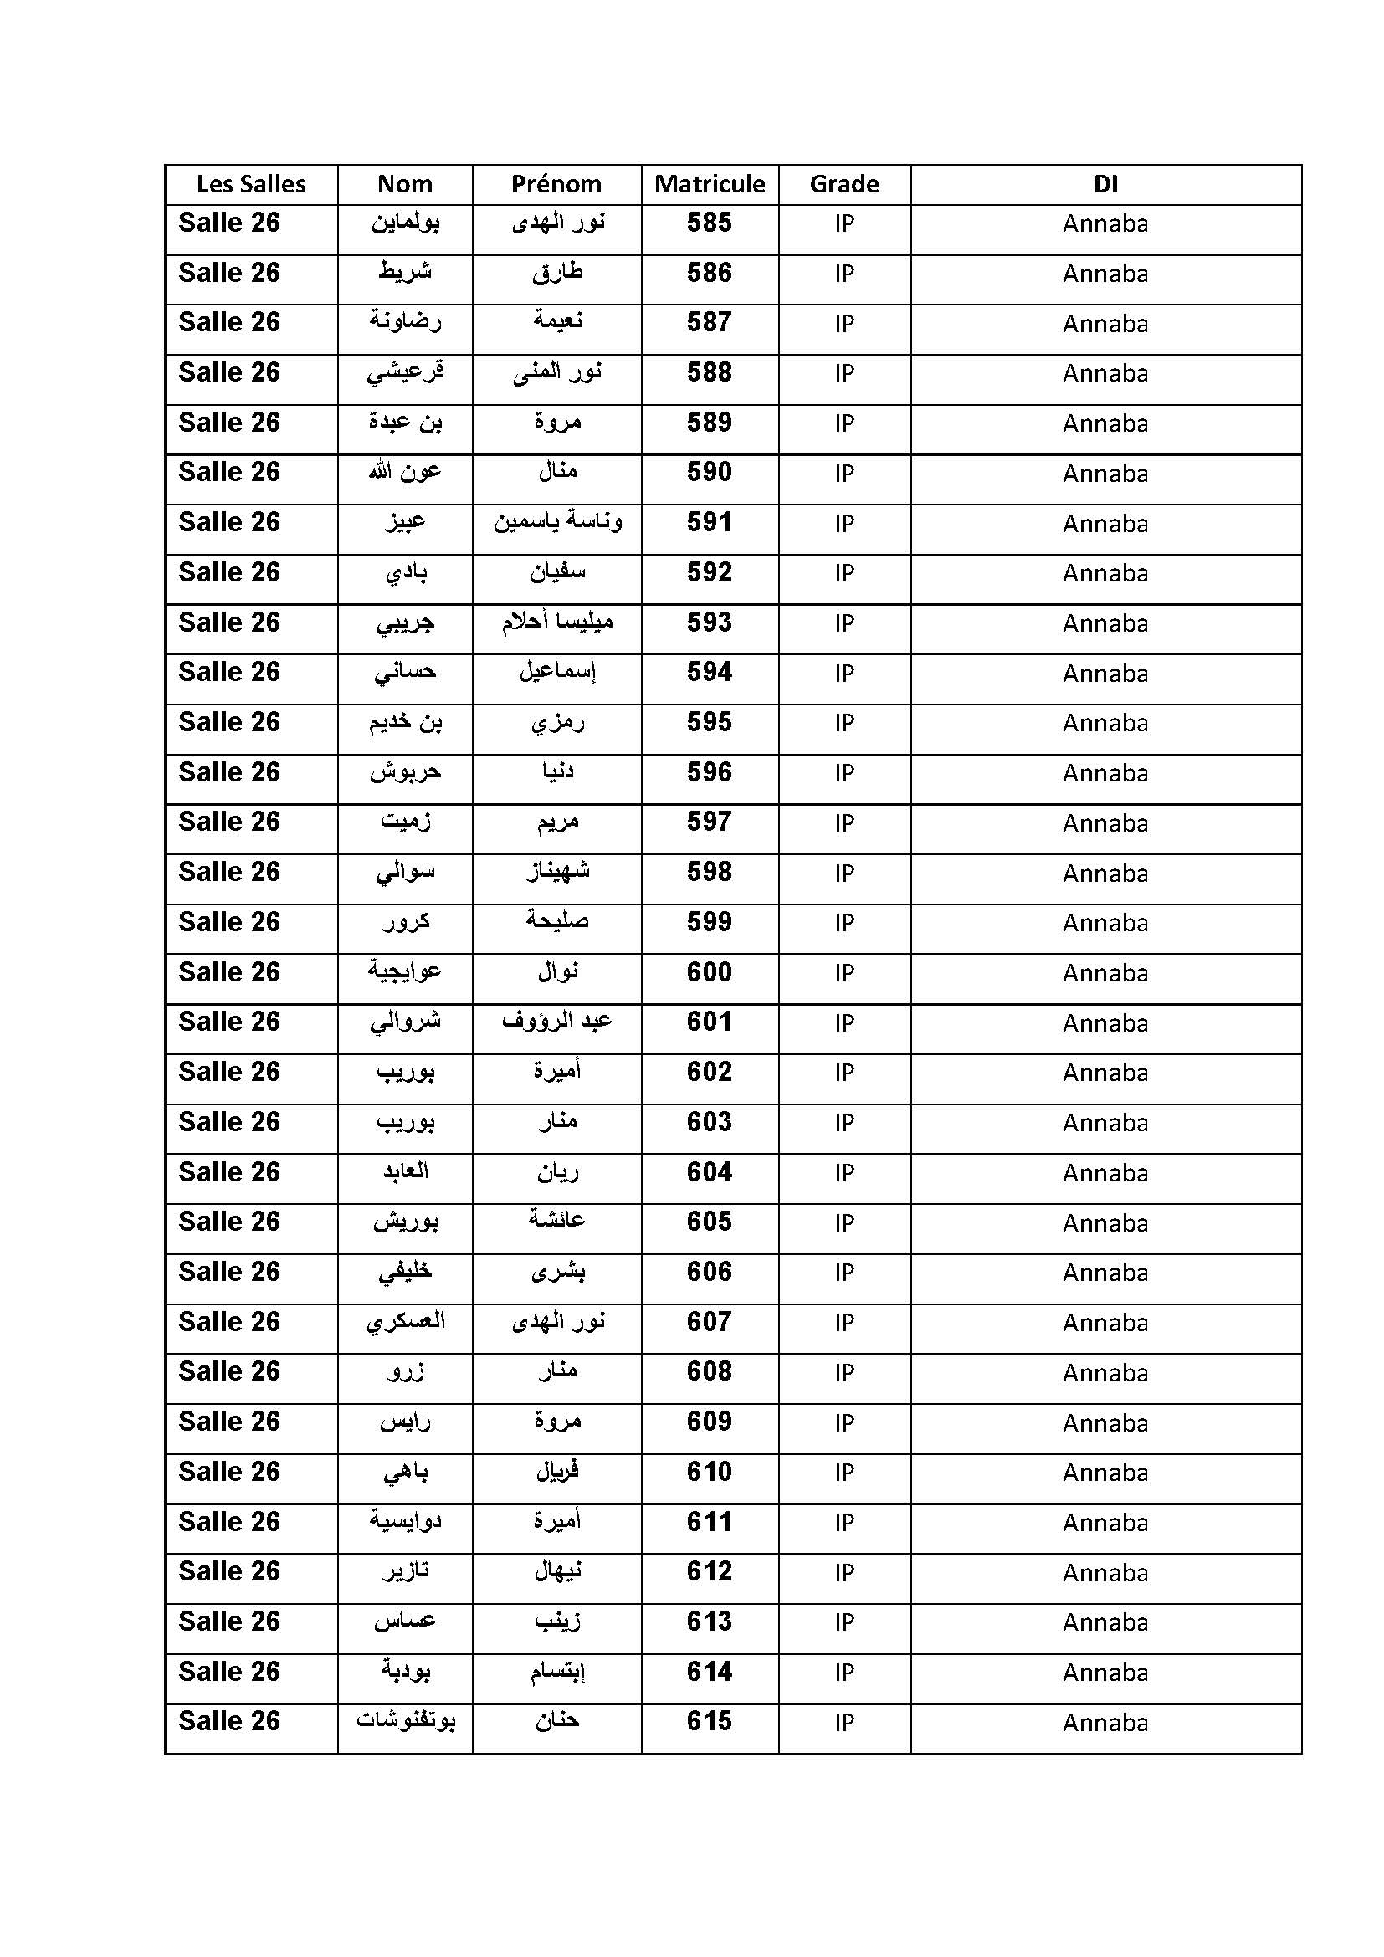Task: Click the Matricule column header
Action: coord(709,184)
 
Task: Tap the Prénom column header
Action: coord(556,184)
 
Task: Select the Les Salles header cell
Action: coord(250,184)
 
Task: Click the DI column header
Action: coord(1105,184)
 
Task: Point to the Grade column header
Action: coord(843,184)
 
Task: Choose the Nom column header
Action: coord(405,184)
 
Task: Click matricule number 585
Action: coord(709,223)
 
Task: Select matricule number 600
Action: coord(709,972)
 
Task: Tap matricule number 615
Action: coord(709,1722)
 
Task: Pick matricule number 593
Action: coord(709,623)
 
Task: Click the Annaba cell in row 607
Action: coord(1105,1323)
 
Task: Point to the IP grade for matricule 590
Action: coord(843,474)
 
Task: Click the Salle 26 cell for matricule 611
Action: coord(229,1522)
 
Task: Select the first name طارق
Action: coord(557,274)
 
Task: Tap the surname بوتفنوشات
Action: coord(406,1722)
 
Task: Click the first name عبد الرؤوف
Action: coord(557,1022)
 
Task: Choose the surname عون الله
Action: coord(405,472)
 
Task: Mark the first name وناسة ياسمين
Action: coord(557,522)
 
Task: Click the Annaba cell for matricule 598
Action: coord(1105,873)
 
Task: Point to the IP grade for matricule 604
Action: coord(843,1173)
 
